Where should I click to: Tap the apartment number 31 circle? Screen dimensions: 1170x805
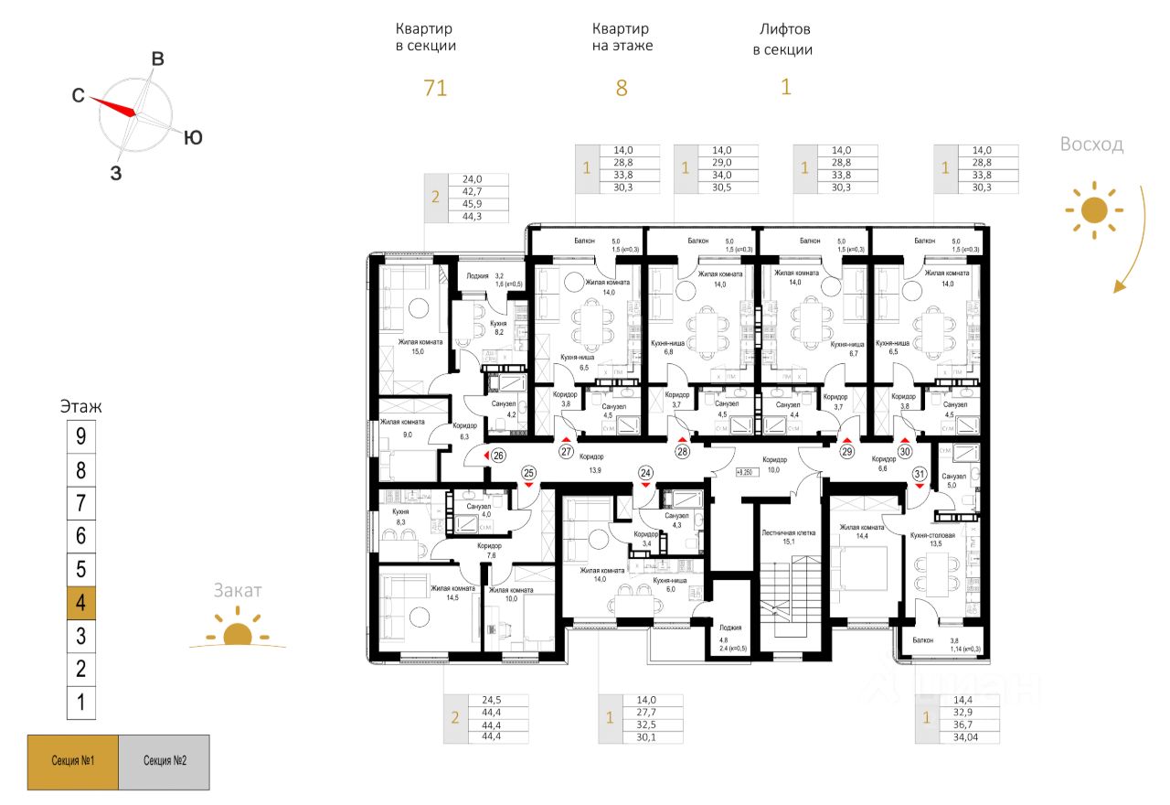click(920, 473)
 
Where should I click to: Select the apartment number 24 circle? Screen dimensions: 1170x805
click(646, 473)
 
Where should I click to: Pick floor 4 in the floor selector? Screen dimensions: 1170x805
click(81, 603)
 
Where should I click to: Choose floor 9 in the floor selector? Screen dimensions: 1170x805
click(81, 436)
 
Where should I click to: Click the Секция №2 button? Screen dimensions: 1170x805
click(164, 762)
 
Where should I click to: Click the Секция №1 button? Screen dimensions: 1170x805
click(73, 762)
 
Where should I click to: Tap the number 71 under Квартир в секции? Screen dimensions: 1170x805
click(435, 89)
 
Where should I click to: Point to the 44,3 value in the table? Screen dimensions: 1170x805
click(472, 217)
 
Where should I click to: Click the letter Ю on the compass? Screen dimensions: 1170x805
click(193, 138)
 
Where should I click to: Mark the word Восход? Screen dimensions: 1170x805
click(1091, 145)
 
